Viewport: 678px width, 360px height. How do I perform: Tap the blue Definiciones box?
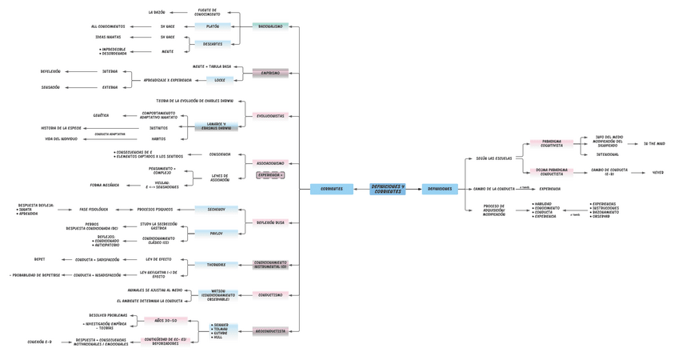[x=439, y=189]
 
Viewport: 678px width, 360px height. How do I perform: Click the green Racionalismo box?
[x=270, y=26]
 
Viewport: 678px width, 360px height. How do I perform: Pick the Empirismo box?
[x=270, y=73]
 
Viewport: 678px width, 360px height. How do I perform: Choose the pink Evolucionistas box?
[x=270, y=116]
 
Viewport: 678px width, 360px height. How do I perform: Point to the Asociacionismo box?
[x=270, y=163]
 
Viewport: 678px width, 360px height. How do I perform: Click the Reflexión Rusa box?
[x=270, y=222]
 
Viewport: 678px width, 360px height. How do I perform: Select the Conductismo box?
[x=270, y=294]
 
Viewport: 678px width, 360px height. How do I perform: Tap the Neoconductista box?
[x=270, y=330]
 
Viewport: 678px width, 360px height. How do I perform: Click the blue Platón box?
[x=213, y=26]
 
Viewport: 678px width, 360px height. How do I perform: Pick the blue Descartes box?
[x=213, y=44]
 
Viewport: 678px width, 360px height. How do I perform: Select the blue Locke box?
[x=219, y=80]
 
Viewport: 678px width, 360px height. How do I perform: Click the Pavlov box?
[x=216, y=234]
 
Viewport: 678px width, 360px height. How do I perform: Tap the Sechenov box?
[x=216, y=209]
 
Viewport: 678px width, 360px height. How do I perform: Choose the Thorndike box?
[x=216, y=265]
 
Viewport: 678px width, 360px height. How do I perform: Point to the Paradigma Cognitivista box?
[x=551, y=144]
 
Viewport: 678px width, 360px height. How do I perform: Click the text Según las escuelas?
[x=493, y=158]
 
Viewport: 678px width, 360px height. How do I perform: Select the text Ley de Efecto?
[x=158, y=259]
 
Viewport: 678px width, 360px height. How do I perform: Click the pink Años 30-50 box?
[x=166, y=320]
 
